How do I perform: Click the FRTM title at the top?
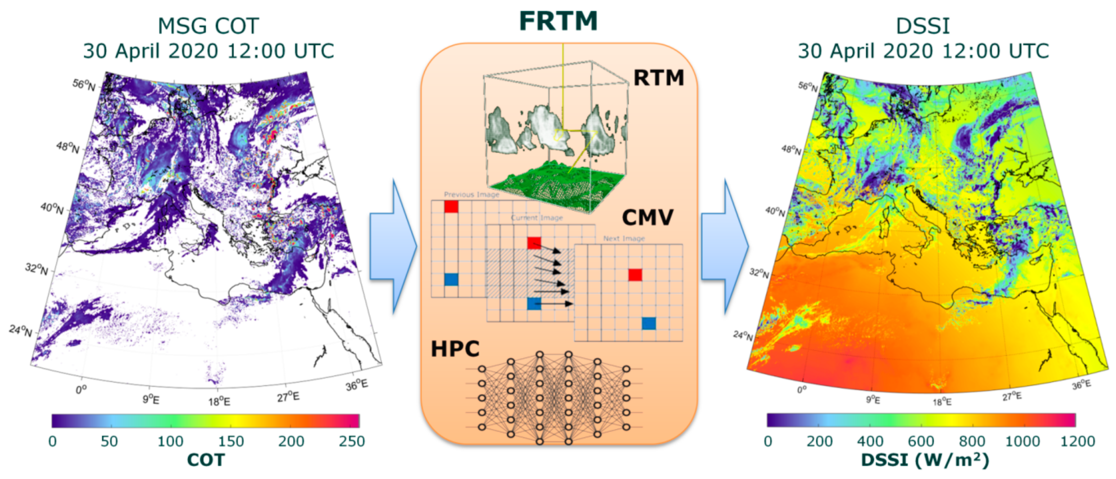tap(558, 21)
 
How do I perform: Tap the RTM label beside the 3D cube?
tap(658, 78)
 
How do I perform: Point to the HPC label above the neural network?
tap(455, 349)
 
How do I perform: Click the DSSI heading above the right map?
tap(922, 26)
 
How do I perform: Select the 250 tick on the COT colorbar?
tap(351, 441)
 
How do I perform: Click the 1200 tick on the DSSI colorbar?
tap(1077, 441)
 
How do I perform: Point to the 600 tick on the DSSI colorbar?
tap(921, 441)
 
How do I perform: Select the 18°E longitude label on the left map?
tap(219, 401)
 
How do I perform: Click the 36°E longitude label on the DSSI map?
tap(1081, 384)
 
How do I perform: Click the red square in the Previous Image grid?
tap(451, 206)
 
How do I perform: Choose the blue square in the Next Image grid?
tap(649, 323)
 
